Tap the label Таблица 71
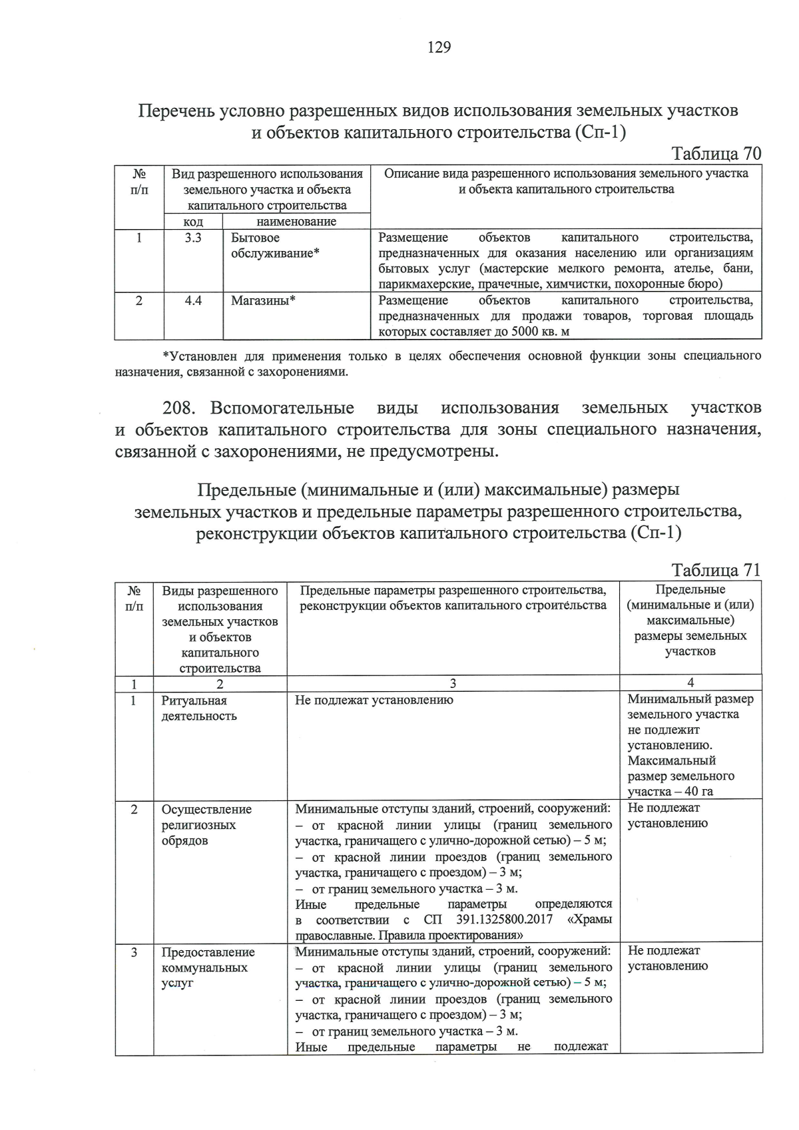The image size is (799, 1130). click(x=716, y=571)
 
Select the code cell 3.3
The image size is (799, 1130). click(x=193, y=238)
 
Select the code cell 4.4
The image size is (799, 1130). click(x=193, y=300)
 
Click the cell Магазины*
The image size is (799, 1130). click(x=263, y=300)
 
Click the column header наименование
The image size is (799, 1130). click(x=296, y=222)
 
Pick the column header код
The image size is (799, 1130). click(x=193, y=222)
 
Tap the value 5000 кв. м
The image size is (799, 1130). click(x=537, y=332)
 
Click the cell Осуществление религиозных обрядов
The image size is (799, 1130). click(x=206, y=824)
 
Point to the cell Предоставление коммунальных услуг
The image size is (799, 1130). click(x=208, y=968)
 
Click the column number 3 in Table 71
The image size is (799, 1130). click(x=453, y=683)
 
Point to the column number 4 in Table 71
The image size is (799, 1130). click(x=690, y=683)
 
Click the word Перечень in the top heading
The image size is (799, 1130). click(x=176, y=111)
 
